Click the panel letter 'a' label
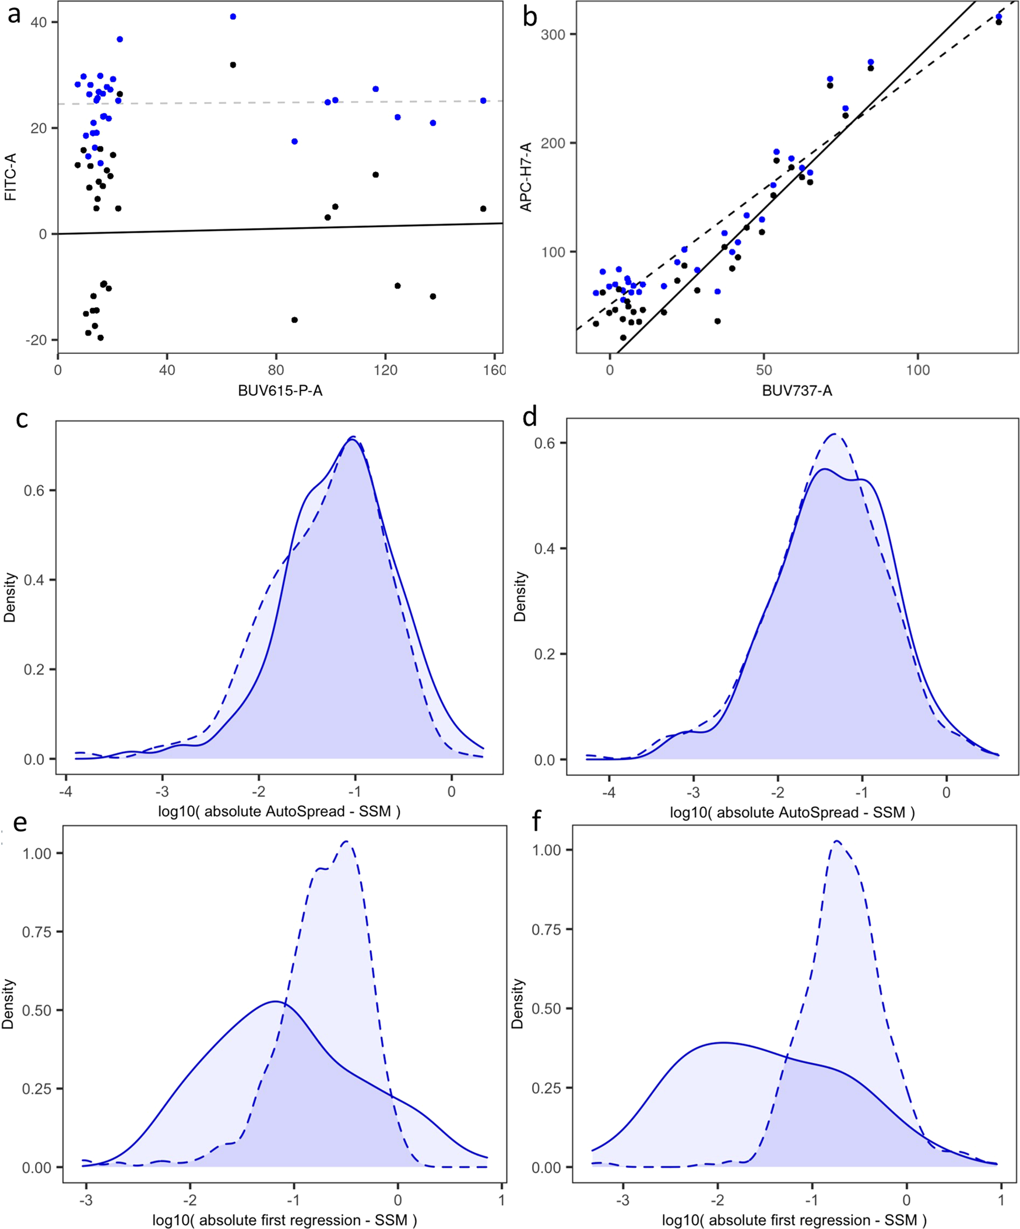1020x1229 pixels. point(13,14)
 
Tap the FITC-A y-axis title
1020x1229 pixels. point(10,177)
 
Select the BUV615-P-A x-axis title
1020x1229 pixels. point(280,391)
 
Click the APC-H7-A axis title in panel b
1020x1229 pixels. point(526,177)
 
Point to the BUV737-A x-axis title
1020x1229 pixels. point(796,391)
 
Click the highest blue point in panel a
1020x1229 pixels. point(233,17)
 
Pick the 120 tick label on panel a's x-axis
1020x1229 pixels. point(385,370)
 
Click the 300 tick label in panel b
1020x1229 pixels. point(553,34)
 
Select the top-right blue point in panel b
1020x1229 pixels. point(998,17)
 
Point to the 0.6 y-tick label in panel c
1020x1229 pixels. point(34,490)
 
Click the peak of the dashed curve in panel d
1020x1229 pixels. point(835,434)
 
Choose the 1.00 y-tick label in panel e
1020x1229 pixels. point(36,854)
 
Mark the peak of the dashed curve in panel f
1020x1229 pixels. point(837,841)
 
